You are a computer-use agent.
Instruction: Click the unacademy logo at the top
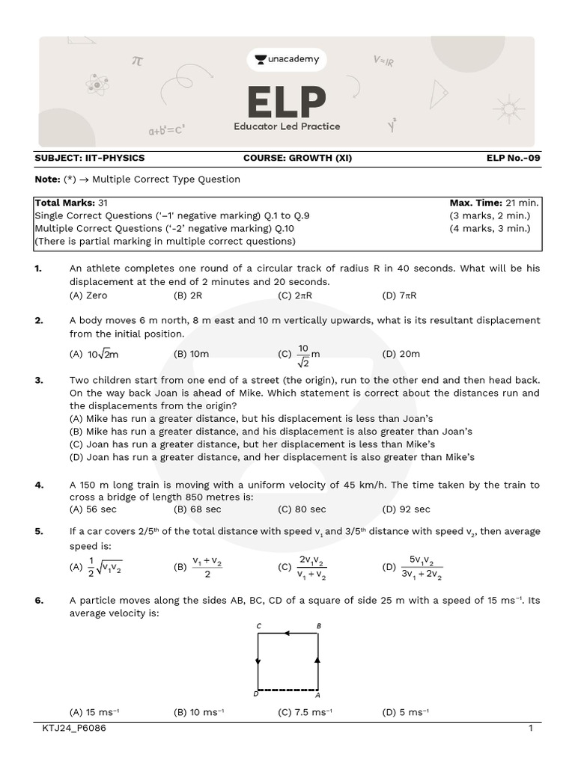click(x=287, y=59)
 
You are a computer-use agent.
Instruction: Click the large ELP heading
click(x=287, y=102)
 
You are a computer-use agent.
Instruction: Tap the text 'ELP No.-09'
click(x=513, y=158)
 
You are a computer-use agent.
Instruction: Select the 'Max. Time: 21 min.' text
click(x=494, y=203)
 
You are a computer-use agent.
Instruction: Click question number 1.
click(x=39, y=268)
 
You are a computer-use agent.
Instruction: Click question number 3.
click(x=39, y=380)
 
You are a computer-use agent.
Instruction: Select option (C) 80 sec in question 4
click(x=302, y=509)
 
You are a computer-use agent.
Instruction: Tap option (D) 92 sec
click(x=406, y=509)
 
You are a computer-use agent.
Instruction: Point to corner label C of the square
click(x=258, y=625)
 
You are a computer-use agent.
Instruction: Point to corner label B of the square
click(x=319, y=625)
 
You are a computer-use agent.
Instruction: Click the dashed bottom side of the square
click(x=288, y=689)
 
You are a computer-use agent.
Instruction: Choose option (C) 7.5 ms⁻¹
click(x=305, y=712)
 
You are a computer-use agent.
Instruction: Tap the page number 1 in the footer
click(x=530, y=729)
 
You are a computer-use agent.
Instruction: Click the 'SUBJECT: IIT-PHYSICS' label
click(x=90, y=158)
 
